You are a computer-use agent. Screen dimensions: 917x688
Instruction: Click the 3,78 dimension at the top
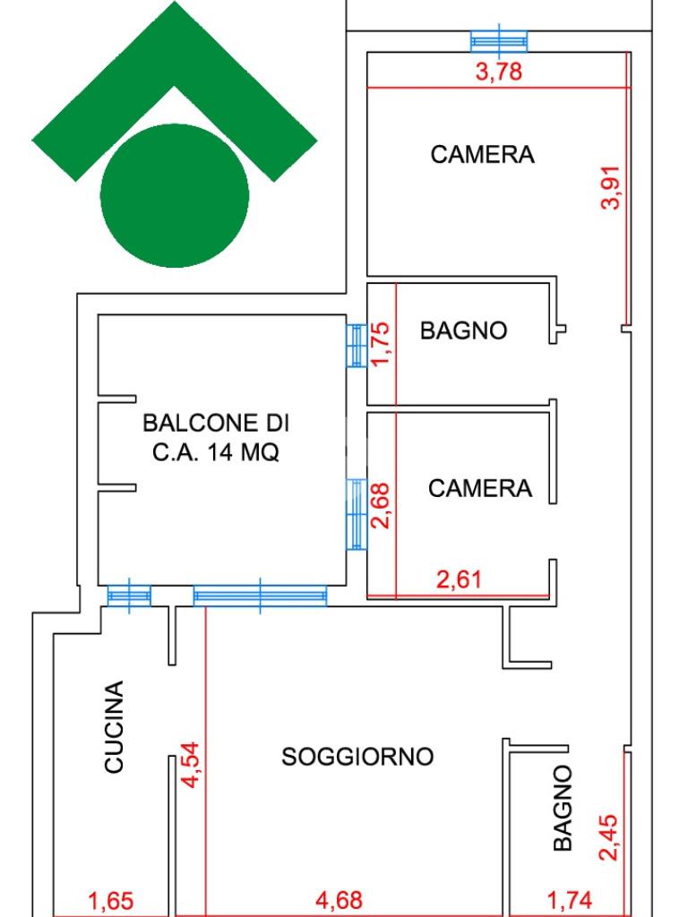coord(498,73)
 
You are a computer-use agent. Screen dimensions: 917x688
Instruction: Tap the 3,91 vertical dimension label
coord(613,187)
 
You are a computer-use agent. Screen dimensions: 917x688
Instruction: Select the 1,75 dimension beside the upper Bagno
coord(382,345)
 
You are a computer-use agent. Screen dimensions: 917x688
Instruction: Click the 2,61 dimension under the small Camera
coord(459,579)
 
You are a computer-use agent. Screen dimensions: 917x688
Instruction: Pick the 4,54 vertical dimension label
coord(191,763)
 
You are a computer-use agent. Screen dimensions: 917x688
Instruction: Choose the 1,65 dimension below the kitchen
coord(115,900)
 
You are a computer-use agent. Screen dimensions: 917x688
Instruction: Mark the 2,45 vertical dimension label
coord(608,834)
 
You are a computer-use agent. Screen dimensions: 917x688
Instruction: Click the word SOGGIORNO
coord(357,757)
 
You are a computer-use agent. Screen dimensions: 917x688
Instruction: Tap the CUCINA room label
coord(114,726)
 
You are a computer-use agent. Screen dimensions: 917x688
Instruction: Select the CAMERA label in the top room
coord(482,154)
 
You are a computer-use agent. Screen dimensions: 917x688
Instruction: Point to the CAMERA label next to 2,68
coord(479,488)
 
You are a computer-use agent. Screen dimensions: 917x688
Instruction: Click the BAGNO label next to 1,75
coord(463,330)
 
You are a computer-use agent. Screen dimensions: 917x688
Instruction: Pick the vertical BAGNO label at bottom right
coord(562,808)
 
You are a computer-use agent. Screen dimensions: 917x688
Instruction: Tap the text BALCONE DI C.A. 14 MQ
coord(216,437)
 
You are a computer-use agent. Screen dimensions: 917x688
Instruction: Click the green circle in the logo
coord(175,195)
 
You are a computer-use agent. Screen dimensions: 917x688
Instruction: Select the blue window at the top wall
coord(499,40)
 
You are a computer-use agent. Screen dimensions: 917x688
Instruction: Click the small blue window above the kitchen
coord(128,596)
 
